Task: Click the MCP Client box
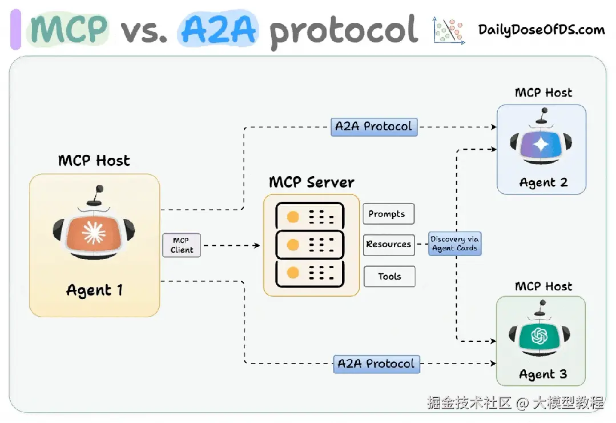[x=182, y=245]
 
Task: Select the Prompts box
[x=388, y=214]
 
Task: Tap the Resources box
[x=389, y=244]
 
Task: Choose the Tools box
[x=389, y=277]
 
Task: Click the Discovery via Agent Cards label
[x=455, y=244]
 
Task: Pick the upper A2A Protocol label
[x=374, y=126]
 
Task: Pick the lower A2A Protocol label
[x=376, y=364]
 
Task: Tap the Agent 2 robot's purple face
[x=541, y=145]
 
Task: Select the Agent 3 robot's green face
[x=540, y=337]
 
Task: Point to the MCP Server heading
[x=312, y=182]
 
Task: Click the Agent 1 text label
[x=94, y=290]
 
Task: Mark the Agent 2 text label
[x=543, y=183]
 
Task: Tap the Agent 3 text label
[x=543, y=375]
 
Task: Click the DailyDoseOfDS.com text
[x=541, y=30]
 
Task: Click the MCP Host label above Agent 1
[x=94, y=161]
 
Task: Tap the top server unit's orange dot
[x=293, y=217]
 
